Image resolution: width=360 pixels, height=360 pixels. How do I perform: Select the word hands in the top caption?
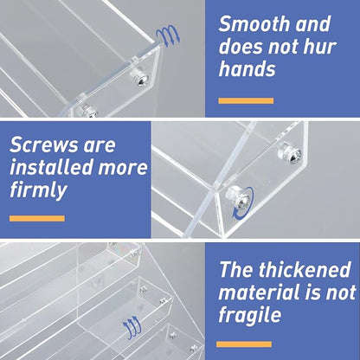247,68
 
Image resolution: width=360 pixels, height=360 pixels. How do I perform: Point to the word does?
241,46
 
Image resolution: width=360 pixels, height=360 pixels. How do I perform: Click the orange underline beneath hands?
246,100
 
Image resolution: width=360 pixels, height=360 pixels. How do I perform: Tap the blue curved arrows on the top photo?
168,35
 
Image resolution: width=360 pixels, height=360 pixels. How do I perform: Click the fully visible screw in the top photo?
141,77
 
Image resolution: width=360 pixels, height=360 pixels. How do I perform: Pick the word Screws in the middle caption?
44,145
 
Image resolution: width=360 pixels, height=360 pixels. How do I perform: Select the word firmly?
38,190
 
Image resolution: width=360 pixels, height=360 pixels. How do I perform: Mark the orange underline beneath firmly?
37,218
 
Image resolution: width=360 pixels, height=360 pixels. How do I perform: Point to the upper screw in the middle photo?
289,153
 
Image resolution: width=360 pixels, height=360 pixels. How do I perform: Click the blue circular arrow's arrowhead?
236,215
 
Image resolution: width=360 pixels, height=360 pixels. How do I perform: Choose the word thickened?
305,270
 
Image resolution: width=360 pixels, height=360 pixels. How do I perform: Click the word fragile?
250,315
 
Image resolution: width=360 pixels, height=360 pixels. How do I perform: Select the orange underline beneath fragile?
244,344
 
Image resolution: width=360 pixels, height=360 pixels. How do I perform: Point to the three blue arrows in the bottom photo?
132,328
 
